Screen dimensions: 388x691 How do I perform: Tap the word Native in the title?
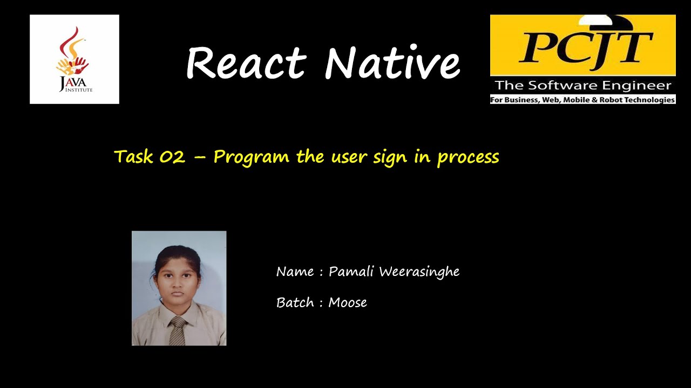pos(392,63)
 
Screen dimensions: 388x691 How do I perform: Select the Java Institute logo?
pos(74,59)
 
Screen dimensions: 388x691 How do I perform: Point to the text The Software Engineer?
pos(583,85)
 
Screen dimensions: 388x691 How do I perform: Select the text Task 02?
pos(150,157)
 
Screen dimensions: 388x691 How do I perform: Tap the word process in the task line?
pos(468,157)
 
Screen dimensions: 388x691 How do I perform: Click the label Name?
pos(295,272)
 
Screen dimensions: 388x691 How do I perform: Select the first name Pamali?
pos(351,272)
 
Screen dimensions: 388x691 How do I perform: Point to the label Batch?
pos(295,303)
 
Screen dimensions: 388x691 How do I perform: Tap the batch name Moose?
pos(348,303)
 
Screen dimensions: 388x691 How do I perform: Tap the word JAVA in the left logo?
pos(72,82)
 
